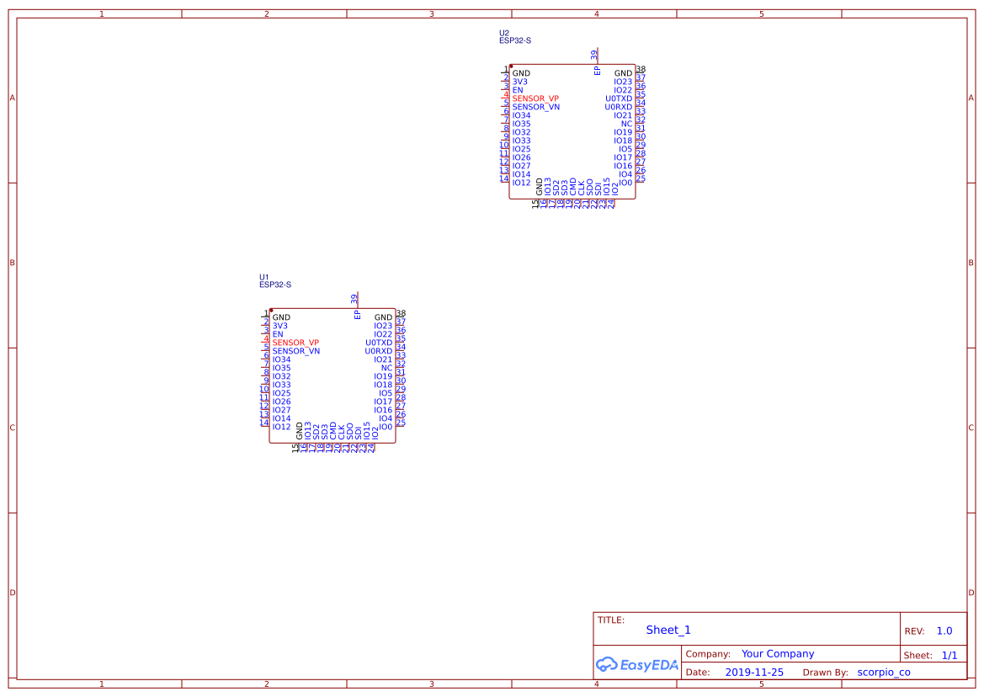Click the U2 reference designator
coord(504,33)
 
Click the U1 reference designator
coord(264,277)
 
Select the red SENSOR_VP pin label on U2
coord(535,98)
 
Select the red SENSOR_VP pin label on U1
coord(295,343)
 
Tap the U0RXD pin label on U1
coord(378,351)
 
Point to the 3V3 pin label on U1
coord(279,326)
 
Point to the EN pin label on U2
coord(518,90)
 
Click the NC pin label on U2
coord(626,124)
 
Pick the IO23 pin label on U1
coord(383,326)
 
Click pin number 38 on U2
coord(641,70)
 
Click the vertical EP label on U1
coord(357,314)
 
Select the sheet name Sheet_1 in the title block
coord(668,630)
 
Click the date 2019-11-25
coord(754,673)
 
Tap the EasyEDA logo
coord(637,664)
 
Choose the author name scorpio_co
coord(883,673)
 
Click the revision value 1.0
coord(944,630)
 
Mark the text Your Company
coord(778,654)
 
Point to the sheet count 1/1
coord(949,655)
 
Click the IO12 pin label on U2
coord(521,183)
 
